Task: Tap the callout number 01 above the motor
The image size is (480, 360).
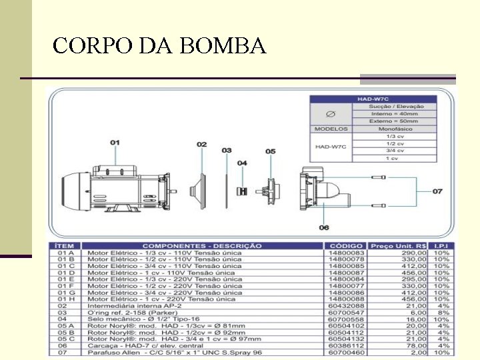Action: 115,143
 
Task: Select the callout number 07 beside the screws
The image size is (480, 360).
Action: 437,191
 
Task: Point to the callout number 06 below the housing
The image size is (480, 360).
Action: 324,227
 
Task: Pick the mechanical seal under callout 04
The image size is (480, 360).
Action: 243,191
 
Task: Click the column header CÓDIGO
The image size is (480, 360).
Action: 346,246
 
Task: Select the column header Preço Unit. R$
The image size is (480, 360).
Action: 398,246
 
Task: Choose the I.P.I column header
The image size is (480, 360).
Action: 442,246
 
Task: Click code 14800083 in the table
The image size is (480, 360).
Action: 346,253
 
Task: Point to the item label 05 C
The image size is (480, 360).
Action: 67,339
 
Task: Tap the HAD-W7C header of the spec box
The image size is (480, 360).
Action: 373,99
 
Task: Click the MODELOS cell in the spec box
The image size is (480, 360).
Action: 331,129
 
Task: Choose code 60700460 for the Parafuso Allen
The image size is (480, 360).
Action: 346,352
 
